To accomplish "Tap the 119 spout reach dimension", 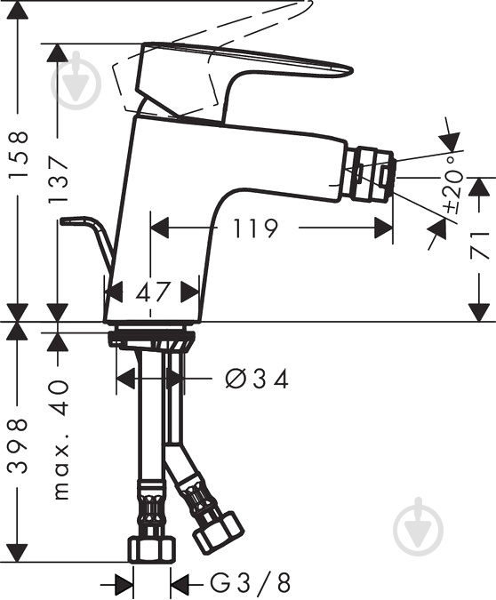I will (256, 229).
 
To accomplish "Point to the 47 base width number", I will (151, 291).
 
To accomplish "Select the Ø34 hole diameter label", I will (258, 380).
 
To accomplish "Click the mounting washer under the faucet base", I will (151, 339).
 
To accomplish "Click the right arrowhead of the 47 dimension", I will (189, 291).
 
